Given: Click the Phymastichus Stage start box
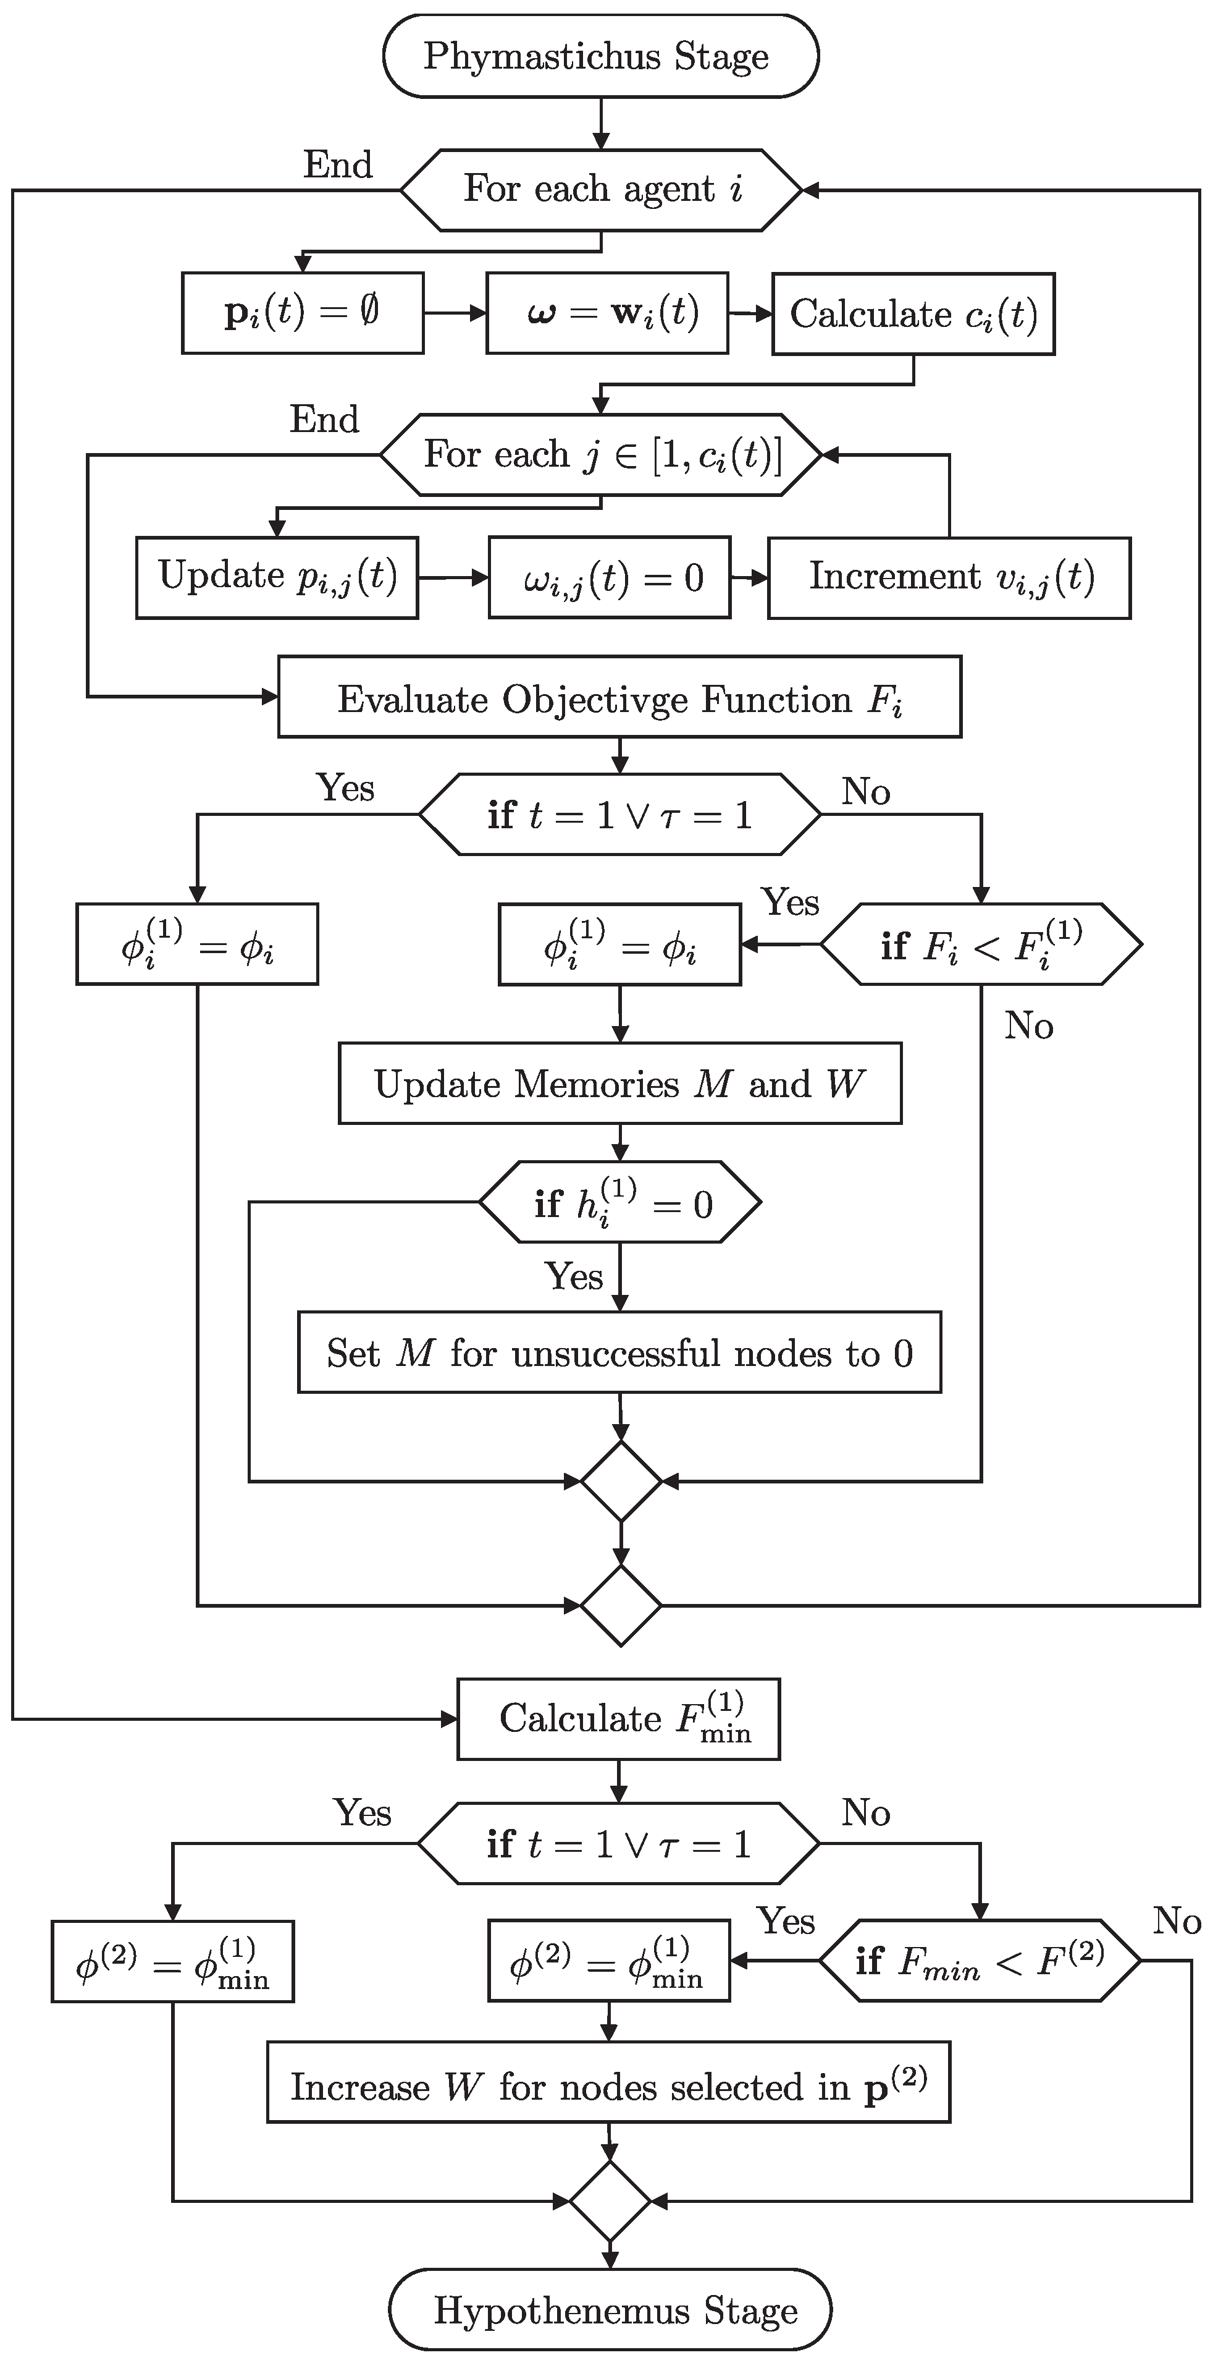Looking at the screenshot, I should tap(600, 57).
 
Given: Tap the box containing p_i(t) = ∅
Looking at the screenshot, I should tap(303, 313).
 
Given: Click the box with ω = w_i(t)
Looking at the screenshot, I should tap(607, 313).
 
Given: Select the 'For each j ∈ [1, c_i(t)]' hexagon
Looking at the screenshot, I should tap(600, 455).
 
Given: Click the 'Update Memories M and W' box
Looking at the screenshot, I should tap(620, 1084).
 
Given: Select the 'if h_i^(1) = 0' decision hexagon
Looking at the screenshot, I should tap(620, 1203).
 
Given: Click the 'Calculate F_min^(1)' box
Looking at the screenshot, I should tap(618, 1719).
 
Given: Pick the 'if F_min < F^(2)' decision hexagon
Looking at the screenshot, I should tap(979, 1960).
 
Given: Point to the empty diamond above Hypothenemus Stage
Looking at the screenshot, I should tap(610, 2200).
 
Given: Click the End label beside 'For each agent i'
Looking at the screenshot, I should tap(338, 165).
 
